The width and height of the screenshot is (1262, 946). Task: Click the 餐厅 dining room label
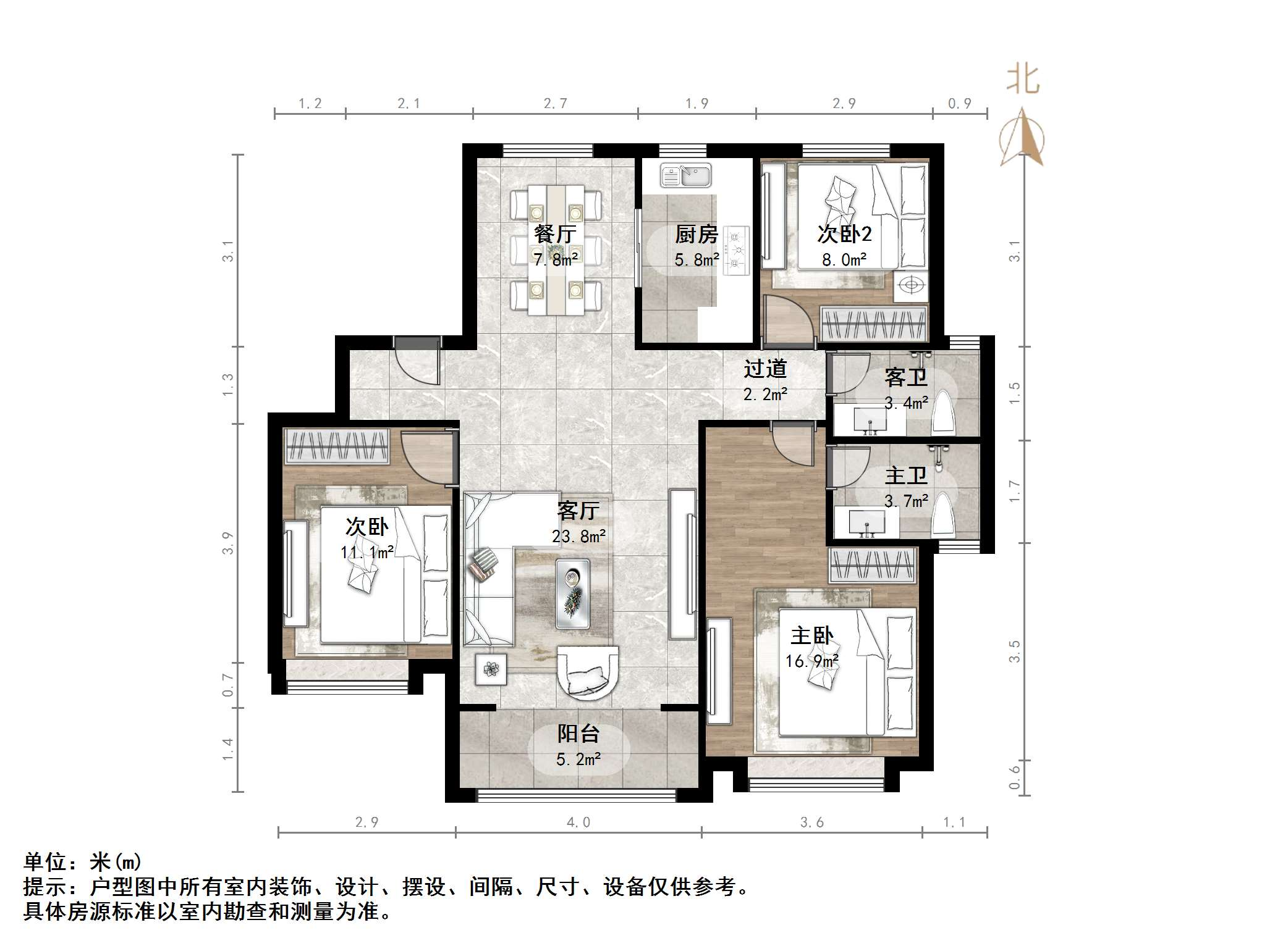pos(555,234)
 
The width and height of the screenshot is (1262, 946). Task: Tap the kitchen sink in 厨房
pos(686,175)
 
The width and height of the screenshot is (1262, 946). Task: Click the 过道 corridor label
pos(764,369)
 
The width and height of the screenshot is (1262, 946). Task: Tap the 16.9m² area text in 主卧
pos(811,661)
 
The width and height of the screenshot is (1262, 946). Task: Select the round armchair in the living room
pos(588,672)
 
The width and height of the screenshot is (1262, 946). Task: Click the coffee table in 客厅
pos(572,593)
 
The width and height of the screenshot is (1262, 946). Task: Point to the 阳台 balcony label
pos(578,734)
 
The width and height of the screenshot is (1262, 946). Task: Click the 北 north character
pos(1023,80)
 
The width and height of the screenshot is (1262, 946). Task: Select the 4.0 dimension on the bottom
pos(578,823)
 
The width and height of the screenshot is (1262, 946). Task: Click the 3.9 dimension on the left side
pos(228,543)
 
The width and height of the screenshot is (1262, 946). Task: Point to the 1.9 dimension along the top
pos(697,104)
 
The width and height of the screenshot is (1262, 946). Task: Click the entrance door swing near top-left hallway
pos(418,362)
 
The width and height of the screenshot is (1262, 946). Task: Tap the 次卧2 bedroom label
pos(844,234)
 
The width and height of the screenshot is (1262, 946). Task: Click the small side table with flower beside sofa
pos(491,669)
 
